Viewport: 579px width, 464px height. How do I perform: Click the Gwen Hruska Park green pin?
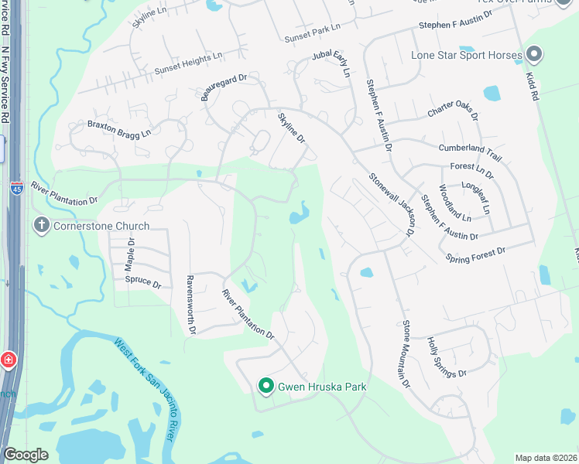[266, 385]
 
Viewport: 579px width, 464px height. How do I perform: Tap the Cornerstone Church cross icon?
[41, 226]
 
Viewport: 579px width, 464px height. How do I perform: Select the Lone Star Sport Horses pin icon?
[533, 54]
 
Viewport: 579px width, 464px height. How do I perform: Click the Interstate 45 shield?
[17, 188]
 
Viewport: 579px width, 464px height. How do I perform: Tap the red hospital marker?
[8, 361]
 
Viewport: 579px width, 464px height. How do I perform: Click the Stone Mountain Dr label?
[404, 354]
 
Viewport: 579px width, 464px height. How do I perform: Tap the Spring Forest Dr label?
[475, 254]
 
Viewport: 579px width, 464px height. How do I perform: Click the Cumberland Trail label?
[470, 152]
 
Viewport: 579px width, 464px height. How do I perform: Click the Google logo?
[26, 455]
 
